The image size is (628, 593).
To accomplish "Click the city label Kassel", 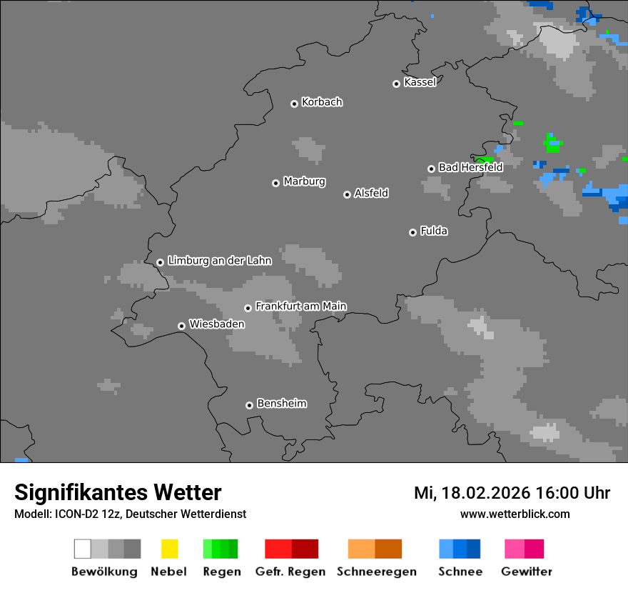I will point(420,82).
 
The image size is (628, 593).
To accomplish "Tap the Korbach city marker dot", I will point(294,104).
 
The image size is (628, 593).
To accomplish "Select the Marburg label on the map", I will point(304,181).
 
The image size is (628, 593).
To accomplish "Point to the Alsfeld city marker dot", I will point(347,194).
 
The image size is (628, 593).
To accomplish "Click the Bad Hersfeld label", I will point(470,167).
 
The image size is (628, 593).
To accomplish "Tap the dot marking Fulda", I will point(412,232).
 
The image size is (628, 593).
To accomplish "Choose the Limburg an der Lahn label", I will point(219,261).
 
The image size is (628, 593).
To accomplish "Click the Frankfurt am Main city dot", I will point(248,308).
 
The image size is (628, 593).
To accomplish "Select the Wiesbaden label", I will point(216,324).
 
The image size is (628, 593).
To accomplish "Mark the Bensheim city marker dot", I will point(249,405).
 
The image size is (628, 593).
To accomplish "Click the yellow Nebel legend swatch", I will point(169,549).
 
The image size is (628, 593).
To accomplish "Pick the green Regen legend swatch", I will point(221,549).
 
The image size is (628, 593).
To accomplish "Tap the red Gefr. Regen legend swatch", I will point(291,549).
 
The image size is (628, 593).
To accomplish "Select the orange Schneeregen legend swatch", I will point(375,549).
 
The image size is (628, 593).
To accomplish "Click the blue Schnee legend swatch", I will point(460,549).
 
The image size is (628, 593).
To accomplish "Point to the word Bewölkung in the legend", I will point(104,572).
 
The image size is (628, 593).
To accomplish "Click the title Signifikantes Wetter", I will point(118,492).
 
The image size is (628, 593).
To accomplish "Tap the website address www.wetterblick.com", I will point(515,514).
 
